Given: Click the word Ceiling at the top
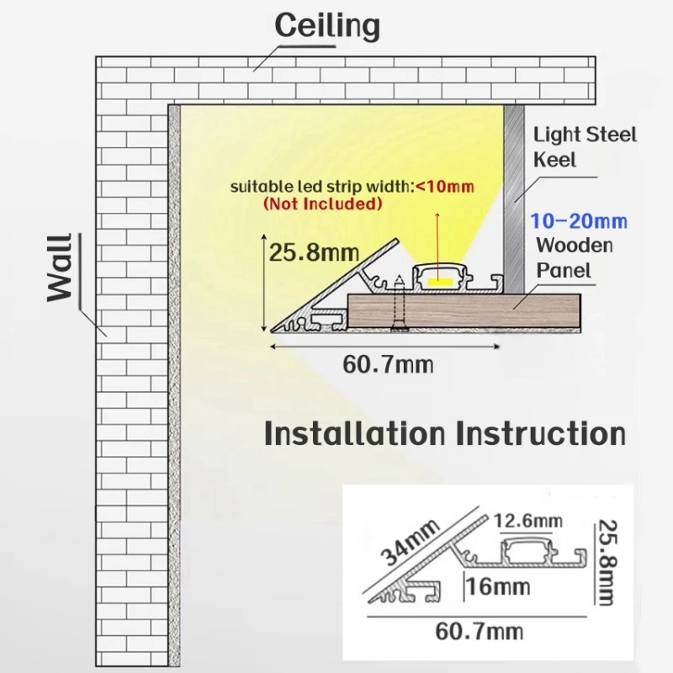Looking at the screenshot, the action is click(x=327, y=26).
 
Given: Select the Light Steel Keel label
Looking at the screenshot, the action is click(x=586, y=146).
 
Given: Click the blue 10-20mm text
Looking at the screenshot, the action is click(x=579, y=221).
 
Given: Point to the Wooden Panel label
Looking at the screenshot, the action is click(x=575, y=257).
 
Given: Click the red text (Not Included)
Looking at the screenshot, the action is click(x=323, y=203).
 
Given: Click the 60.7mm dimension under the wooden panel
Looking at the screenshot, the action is click(x=388, y=364).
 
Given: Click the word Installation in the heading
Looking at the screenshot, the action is click(x=354, y=434).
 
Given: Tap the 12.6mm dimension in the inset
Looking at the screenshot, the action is click(x=527, y=522).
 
